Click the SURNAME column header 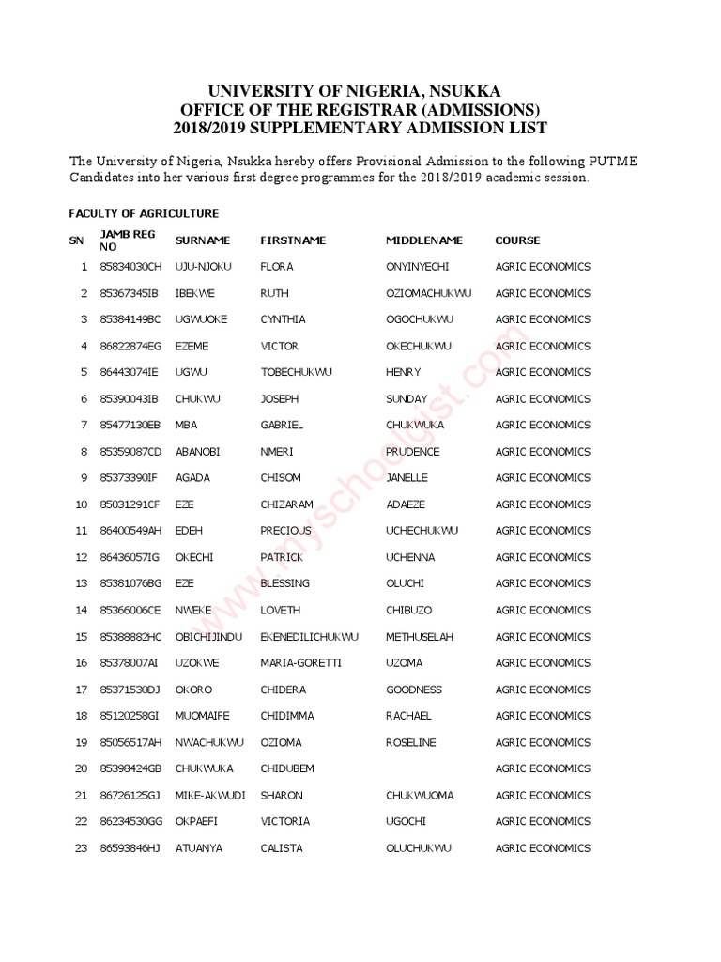click(202, 240)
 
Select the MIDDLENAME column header click(423, 240)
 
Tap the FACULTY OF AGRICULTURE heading click(144, 214)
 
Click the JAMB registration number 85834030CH click(130, 267)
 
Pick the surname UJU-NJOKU click(203, 267)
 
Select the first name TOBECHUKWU click(296, 372)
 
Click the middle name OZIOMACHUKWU click(429, 293)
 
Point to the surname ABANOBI click(197, 452)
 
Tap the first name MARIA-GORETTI click(300, 663)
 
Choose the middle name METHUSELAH click(419, 637)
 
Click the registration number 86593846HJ click(130, 848)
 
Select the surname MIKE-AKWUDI click(210, 796)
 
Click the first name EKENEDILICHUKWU click(309, 637)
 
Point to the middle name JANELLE click(407, 478)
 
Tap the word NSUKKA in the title click(466, 91)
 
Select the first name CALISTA click(282, 848)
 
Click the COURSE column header click(517, 240)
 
